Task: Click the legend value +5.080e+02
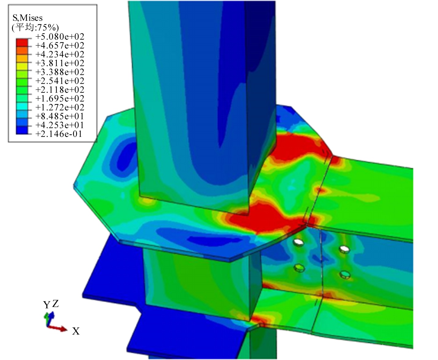(x=60, y=37)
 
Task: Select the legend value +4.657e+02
(x=60, y=45)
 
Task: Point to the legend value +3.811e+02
(x=60, y=63)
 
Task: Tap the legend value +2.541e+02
(x=60, y=81)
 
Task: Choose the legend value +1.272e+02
(x=60, y=107)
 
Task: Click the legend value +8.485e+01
(x=60, y=116)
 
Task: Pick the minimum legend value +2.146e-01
(x=59, y=134)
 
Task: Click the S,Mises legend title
(x=27, y=18)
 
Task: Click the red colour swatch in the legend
(x=22, y=43)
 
